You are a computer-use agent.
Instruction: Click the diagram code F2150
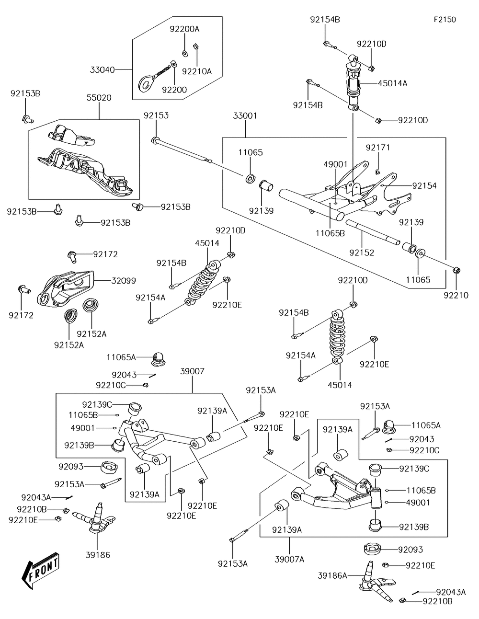[x=445, y=20]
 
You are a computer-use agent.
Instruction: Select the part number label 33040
[x=102, y=70]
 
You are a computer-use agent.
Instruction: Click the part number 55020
[x=99, y=98]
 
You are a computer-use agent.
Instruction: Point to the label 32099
[x=123, y=281]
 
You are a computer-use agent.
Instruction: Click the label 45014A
[x=392, y=83]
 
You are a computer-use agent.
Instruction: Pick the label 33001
[x=245, y=116]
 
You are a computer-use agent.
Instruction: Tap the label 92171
[x=378, y=148]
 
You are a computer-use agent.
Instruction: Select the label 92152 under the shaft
[x=362, y=252]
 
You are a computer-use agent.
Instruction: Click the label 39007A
[x=289, y=560]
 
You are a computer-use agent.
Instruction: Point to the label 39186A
[x=332, y=576]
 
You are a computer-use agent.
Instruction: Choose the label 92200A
[x=184, y=29]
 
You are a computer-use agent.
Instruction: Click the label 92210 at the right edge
[x=456, y=296]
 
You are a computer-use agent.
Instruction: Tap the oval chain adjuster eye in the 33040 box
[x=146, y=83]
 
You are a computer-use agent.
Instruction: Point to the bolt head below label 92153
[x=155, y=140]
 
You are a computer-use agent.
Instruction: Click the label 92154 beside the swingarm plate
[x=424, y=186]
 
